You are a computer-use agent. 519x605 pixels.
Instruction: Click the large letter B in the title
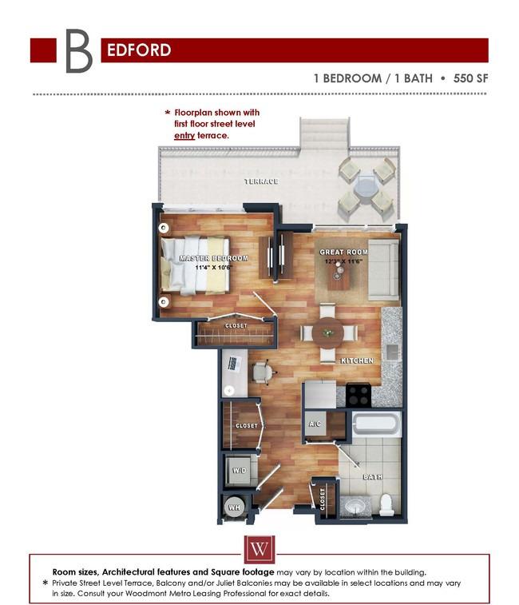tap(78, 50)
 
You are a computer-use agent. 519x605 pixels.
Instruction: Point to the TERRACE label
tap(261, 181)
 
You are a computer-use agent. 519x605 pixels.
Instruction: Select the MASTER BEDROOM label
tap(213, 259)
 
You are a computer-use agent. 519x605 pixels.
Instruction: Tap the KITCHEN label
tap(357, 361)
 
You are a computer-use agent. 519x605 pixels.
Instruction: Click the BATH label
tap(373, 477)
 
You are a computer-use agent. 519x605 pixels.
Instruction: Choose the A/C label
tap(315, 425)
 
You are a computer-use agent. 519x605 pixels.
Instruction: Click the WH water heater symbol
tap(235, 507)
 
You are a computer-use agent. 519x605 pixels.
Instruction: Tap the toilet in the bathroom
tap(386, 504)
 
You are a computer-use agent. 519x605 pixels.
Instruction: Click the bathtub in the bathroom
tap(375, 425)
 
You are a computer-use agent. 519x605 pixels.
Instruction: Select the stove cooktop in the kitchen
tap(358, 395)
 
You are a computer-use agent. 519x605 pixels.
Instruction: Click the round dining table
tap(328, 332)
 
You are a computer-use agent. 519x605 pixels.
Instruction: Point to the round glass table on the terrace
tap(366, 189)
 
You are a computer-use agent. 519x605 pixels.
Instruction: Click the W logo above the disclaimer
tap(259, 550)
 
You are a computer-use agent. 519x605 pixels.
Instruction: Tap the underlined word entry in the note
tap(184, 136)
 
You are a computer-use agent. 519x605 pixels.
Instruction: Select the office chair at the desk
tap(261, 372)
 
